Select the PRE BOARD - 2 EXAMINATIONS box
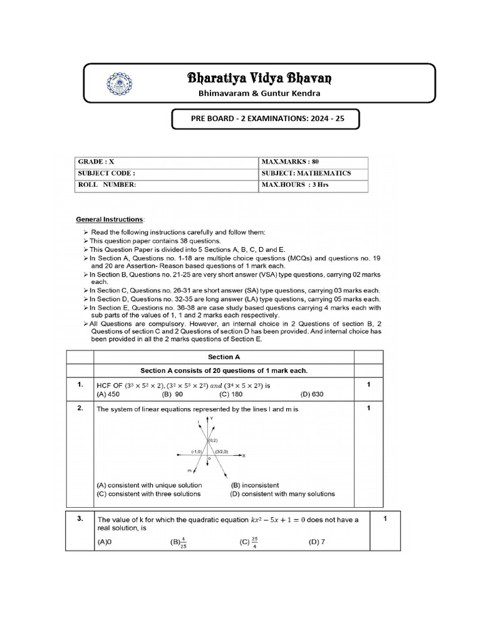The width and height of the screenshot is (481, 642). coord(266,118)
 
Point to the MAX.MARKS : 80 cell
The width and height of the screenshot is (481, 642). coord(313,162)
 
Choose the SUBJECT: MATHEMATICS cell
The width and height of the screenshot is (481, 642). coord(313,173)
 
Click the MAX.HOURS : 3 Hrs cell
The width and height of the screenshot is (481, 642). coord(313,185)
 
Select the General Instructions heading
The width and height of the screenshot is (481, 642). coord(110,219)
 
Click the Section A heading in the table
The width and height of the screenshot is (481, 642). coord(224,356)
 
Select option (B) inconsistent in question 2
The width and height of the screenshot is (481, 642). coord(255,485)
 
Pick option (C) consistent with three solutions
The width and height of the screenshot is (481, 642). coord(148,494)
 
